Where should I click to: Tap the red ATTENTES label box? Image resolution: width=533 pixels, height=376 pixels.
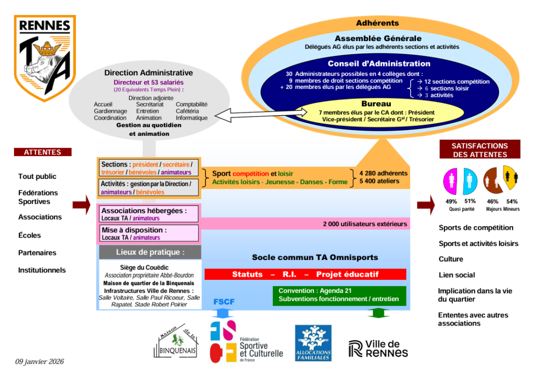click(x=42, y=152)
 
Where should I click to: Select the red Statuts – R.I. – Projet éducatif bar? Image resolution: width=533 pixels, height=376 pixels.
click(x=305, y=274)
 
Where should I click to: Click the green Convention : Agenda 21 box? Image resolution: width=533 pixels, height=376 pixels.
click(x=339, y=295)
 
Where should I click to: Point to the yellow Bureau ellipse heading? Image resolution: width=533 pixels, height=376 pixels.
click(x=376, y=104)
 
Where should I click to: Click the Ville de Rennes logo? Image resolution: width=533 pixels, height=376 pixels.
click(x=378, y=348)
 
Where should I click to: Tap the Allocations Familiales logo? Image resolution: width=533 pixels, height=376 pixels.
click(x=313, y=343)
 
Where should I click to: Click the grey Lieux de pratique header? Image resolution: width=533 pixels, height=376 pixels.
click(x=150, y=252)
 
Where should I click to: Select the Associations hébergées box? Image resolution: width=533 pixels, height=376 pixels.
click(x=149, y=214)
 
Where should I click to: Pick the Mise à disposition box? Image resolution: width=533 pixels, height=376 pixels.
click(x=149, y=234)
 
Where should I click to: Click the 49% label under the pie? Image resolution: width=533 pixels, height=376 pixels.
click(x=451, y=202)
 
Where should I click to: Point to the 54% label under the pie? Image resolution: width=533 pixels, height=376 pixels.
click(x=512, y=202)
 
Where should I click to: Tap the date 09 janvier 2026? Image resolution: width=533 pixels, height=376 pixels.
click(x=39, y=361)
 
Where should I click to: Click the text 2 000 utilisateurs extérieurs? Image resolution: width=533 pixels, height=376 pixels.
click(x=365, y=224)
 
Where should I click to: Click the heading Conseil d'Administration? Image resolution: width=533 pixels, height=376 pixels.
click(x=379, y=64)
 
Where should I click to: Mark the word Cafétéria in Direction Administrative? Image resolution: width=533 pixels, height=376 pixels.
click(x=187, y=111)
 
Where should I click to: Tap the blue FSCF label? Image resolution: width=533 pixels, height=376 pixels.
click(x=224, y=302)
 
